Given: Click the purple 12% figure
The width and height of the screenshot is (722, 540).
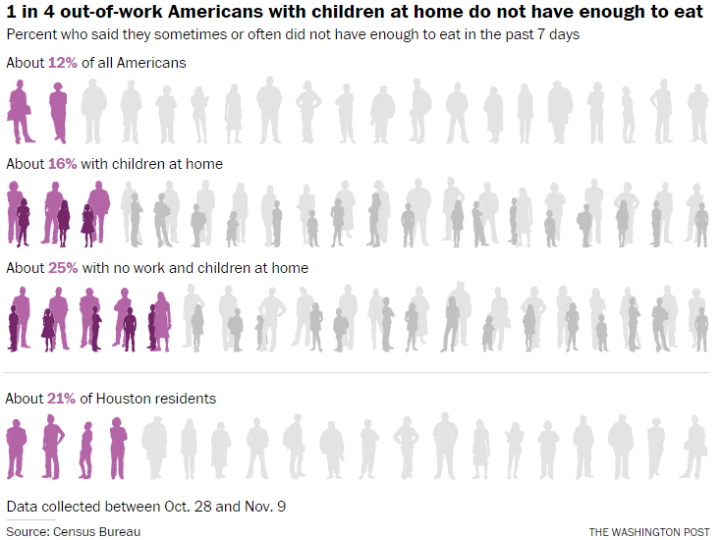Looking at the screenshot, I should (x=62, y=63).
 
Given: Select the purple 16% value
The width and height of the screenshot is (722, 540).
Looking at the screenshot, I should (x=62, y=164).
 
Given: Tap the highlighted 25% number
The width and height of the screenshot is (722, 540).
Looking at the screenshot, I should (x=62, y=268).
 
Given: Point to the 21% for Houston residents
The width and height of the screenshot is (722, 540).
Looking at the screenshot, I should (x=61, y=399).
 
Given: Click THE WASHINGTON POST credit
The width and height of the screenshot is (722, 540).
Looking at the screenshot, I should (x=648, y=532).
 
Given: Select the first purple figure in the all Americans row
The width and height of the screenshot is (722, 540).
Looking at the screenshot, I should (x=19, y=111).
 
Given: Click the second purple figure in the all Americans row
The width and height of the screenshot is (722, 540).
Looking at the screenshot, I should (x=58, y=111).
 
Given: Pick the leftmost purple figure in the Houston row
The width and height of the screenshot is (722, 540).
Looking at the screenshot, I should (x=17, y=449).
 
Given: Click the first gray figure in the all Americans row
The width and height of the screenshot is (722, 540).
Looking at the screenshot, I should (x=93, y=111).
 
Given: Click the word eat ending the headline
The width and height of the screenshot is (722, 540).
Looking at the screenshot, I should (x=689, y=13).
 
